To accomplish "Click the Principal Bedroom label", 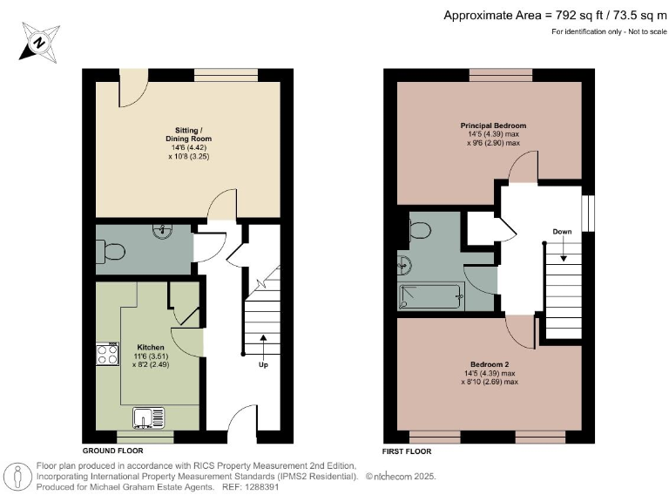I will [x=493, y=125].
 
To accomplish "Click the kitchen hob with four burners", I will [x=106, y=355].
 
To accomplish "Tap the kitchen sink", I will [x=149, y=417].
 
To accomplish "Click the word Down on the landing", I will [x=562, y=232].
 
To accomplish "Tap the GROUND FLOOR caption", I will [x=113, y=451].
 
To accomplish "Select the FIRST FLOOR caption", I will [x=407, y=451].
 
